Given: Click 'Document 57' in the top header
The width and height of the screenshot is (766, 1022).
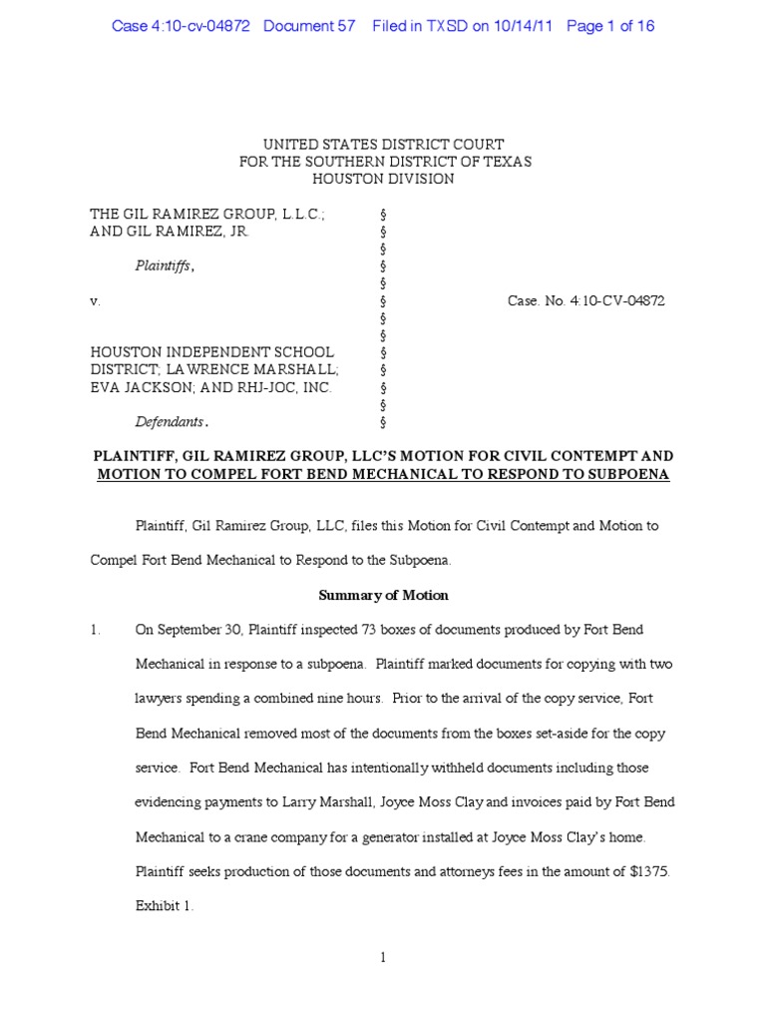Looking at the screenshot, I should (309, 26).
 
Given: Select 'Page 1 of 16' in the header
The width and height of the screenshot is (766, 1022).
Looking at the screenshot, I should (610, 26).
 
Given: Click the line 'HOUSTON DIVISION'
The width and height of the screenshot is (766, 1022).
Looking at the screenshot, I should (384, 179).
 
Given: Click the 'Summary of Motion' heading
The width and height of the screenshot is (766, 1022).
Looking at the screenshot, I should (383, 595).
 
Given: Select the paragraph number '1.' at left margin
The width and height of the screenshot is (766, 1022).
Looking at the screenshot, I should (97, 630).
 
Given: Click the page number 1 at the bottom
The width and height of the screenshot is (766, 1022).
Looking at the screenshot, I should (383, 958).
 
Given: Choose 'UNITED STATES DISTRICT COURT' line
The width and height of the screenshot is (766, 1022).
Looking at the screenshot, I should (384, 144).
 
